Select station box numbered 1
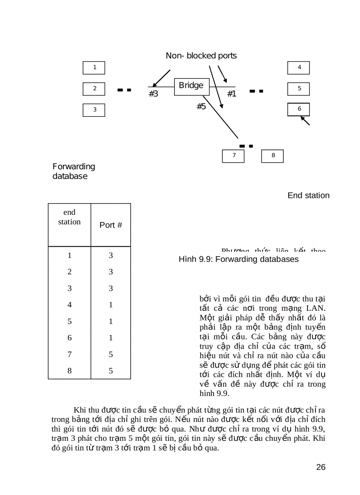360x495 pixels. click(94, 67)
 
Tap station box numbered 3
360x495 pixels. click(94, 110)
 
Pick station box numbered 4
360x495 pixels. click(299, 67)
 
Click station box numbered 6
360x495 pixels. click(299, 109)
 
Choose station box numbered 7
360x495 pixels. click(233, 156)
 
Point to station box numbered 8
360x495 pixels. click(273, 156)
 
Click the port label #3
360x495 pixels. click(153, 94)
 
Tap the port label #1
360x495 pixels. click(232, 94)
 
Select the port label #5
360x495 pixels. click(201, 106)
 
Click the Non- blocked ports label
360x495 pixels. click(201, 56)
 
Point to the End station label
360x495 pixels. click(308, 195)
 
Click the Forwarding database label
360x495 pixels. click(74, 171)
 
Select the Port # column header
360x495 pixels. click(111, 225)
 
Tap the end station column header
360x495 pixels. click(69, 217)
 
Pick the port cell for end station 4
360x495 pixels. click(111, 305)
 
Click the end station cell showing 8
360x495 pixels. click(69, 371)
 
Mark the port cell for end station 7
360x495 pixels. click(111, 354)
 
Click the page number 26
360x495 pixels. click(321, 467)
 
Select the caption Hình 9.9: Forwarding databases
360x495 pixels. click(239, 259)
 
